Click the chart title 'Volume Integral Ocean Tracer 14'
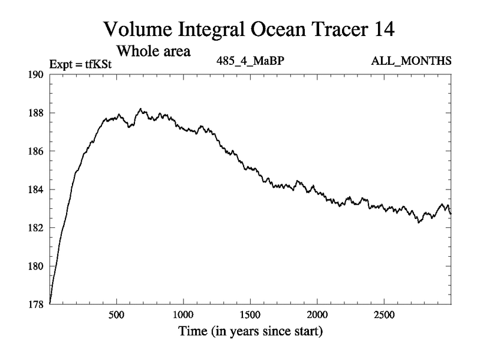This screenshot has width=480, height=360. point(249,28)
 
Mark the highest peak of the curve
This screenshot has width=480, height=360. point(140,109)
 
